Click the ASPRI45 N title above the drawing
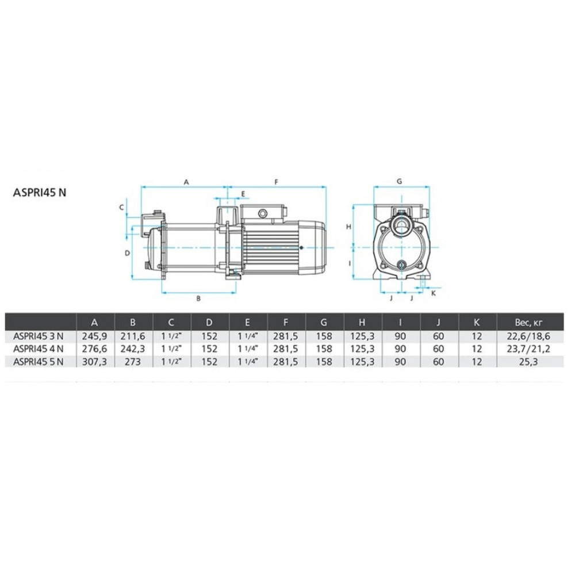40,193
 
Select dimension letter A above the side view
186,182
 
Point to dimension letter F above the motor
277,182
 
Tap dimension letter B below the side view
198,298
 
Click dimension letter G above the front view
400,181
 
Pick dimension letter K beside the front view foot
434,293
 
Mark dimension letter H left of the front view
349,227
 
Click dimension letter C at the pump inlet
122,208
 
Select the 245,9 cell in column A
95,336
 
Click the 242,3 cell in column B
133,349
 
